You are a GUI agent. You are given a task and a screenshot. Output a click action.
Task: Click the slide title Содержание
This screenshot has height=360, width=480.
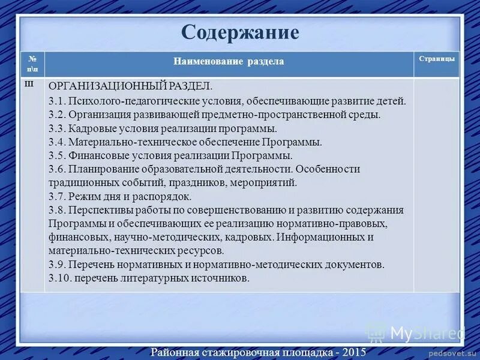click(x=240, y=32)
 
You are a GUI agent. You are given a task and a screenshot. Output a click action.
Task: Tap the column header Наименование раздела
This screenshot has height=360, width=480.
click(x=229, y=62)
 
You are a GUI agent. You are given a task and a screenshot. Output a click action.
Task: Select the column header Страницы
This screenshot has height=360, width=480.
click(x=436, y=59)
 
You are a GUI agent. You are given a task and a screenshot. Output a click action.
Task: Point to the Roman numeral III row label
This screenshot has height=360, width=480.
click(x=28, y=84)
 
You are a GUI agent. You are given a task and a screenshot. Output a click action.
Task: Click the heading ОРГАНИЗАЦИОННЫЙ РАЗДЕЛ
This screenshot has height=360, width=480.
click(x=130, y=86)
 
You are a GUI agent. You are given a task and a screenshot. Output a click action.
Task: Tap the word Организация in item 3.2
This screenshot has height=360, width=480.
click(x=98, y=114)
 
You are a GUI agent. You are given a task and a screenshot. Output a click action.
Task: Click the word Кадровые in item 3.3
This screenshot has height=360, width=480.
click(x=91, y=128)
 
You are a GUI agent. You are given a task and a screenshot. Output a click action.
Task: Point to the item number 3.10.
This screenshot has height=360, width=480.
click(x=59, y=278)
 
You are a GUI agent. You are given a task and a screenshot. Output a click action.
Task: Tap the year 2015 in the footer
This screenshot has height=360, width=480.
click(x=353, y=352)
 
